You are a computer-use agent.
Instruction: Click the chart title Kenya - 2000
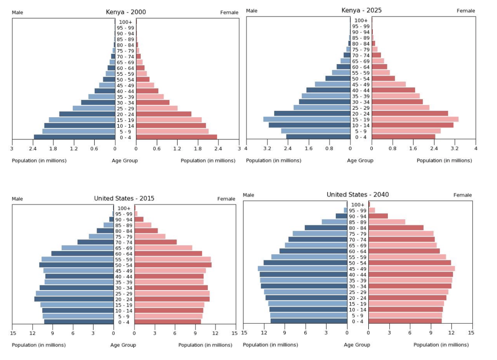pyautogui.click(x=126, y=12)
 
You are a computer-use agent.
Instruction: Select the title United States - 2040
pyautogui.click(x=358, y=194)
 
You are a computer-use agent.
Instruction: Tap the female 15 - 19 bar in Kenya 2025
pyautogui.click(x=415, y=119)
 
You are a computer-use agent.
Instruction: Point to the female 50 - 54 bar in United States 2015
pyautogui.click(x=173, y=265)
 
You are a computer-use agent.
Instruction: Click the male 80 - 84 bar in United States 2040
pyautogui.click(x=326, y=227)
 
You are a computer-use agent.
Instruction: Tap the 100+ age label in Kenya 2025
pyautogui.click(x=361, y=20)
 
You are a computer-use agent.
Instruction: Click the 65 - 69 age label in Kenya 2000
pyautogui.click(x=125, y=62)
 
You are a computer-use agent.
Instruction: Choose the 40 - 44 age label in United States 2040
pyautogui.click(x=357, y=274)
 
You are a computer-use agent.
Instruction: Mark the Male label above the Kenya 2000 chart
pyautogui.click(x=17, y=12)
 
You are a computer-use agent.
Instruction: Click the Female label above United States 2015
pyautogui.click(x=226, y=199)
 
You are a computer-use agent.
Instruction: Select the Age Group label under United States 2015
pyautogui.click(x=123, y=345)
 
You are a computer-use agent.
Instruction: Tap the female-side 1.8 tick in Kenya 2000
pyautogui.click(x=198, y=148)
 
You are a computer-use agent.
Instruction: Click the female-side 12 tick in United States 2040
pyautogui.click(x=451, y=333)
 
